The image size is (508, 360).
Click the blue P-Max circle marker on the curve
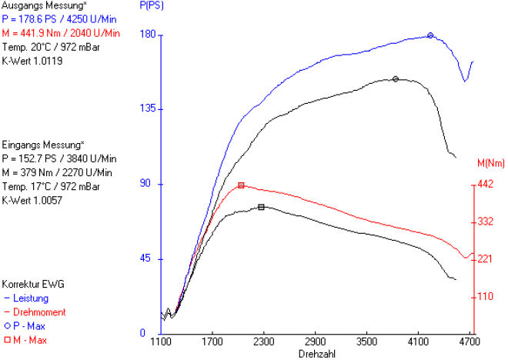430,35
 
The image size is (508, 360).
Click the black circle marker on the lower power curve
396,78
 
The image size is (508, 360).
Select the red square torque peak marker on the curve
241,185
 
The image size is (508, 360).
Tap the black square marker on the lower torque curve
262,207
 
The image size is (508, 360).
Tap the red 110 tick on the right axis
484,296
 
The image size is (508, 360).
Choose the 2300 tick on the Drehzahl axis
263,339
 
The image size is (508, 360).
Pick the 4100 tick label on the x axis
418,339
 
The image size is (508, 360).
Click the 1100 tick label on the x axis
161,339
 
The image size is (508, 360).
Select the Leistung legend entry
31,298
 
